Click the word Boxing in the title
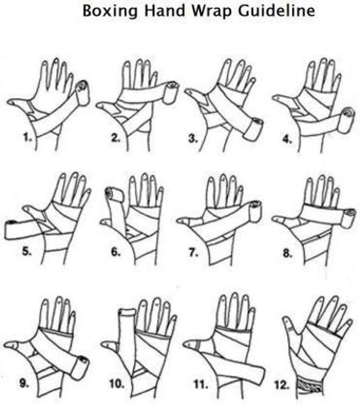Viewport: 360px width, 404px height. click(x=110, y=11)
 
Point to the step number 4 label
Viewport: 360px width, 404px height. click(x=287, y=139)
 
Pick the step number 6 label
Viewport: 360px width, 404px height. click(x=116, y=251)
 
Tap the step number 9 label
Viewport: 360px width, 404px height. click(x=24, y=383)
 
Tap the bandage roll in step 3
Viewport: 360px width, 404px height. click(x=253, y=129)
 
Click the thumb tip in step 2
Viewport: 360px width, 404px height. click(x=99, y=106)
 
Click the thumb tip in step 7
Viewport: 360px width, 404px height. click(x=179, y=221)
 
